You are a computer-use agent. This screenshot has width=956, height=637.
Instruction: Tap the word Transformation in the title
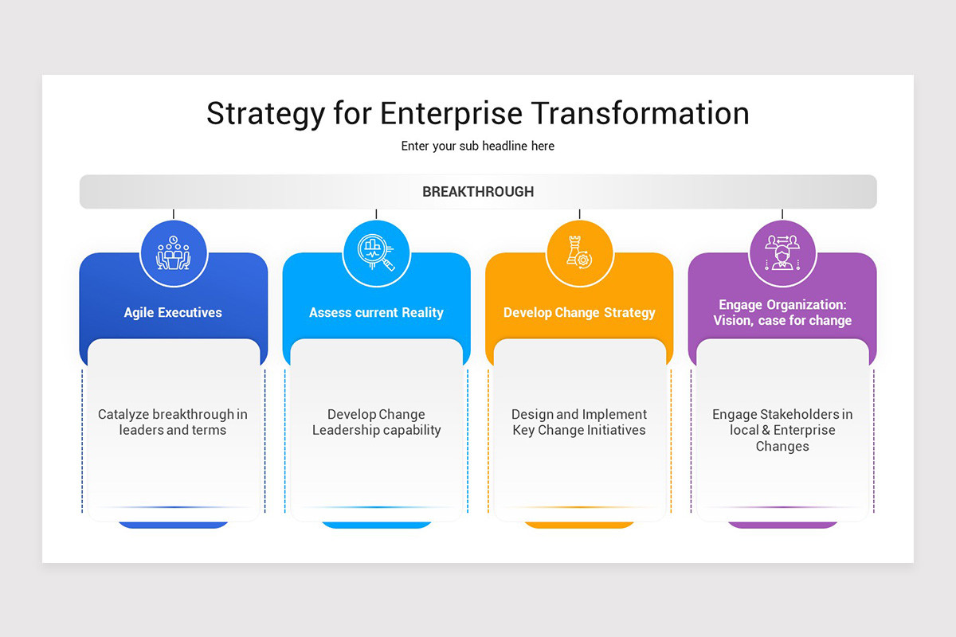click(641, 113)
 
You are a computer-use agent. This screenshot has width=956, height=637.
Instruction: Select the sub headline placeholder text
click(477, 147)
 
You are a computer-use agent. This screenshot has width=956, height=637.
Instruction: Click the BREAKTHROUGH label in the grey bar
click(478, 192)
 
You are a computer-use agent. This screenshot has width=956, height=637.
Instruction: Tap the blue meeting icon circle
click(174, 254)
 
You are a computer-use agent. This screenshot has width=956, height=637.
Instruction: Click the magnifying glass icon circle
click(376, 254)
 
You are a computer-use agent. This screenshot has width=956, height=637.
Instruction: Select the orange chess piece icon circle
click(579, 254)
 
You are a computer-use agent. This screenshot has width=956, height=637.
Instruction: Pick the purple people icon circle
click(782, 254)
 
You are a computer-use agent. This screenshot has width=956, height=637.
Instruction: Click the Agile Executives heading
click(173, 313)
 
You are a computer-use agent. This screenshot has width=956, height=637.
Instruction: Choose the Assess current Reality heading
click(376, 313)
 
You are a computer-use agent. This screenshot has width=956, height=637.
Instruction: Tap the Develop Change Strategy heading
click(579, 313)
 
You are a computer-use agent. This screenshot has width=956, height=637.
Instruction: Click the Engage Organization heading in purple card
click(782, 313)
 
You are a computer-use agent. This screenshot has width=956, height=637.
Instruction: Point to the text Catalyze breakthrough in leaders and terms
click(173, 422)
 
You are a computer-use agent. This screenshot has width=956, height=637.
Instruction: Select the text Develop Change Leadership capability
click(376, 422)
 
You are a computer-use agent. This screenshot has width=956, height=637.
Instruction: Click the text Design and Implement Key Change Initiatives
click(579, 422)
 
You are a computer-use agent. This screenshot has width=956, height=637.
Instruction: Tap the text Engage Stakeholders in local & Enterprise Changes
click(782, 430)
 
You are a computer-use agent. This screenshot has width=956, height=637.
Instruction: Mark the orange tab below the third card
click(579, 525)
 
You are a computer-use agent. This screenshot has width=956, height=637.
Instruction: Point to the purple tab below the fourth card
click(782, 525)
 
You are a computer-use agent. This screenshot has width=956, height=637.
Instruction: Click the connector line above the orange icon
click(579, 214)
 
